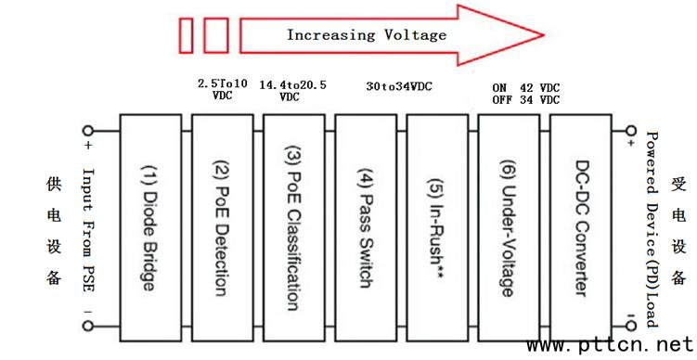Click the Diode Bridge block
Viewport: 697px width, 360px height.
click(x=150, y=227)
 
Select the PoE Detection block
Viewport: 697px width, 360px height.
click(x=222, y=227)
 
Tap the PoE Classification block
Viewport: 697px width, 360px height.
click(x=294, y=227)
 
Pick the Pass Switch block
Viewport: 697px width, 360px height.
click(x=366, y=227)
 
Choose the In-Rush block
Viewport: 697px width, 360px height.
click(x=437, y=227)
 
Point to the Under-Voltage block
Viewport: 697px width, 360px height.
click(x=509, y=227)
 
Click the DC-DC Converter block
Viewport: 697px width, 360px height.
click(x=581, y=227)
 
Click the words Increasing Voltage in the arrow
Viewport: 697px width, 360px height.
click(x=367, y=34)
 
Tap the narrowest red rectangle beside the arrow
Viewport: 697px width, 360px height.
click(x=186, y=35)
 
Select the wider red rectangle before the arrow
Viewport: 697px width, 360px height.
click(x=216, y=35)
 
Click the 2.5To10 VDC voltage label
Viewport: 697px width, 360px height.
click(x=222, y=89)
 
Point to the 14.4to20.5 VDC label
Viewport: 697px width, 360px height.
click(x=292, y=91)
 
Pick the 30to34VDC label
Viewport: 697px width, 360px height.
click(x=399, y=86)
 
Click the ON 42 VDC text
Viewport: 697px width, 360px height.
click(x=526, y=87)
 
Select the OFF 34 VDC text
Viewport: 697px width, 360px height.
click(x=526, y=100)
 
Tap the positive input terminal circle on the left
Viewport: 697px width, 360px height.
click(x=88, y=131)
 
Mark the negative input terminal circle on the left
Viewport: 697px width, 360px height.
click(x=88, y=326)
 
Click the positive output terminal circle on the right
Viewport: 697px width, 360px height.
click(x=631, y=131)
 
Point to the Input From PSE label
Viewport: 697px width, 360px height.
click(x=88, y=230)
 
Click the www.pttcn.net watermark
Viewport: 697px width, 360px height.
click(x=610, y=345)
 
